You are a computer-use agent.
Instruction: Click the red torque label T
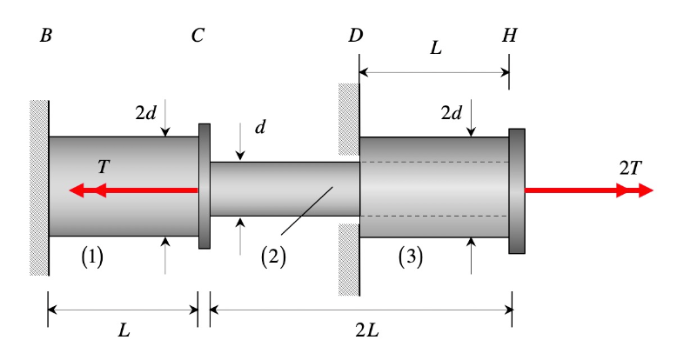click(x=104, y=166)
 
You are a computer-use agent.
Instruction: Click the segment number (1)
click(x=92, y=257)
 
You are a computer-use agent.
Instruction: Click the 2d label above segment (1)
click(x=145, y=113)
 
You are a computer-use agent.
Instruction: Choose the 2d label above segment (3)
click(x=451, y=113)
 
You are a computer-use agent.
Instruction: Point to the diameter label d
click(x=259, y=127)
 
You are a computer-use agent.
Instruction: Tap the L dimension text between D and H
click(x=436, y=49)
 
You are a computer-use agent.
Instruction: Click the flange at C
click(x=204, y=186)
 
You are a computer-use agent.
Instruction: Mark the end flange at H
click(x=517, y=191)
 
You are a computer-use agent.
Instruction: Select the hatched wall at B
click(x=38, y=187)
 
